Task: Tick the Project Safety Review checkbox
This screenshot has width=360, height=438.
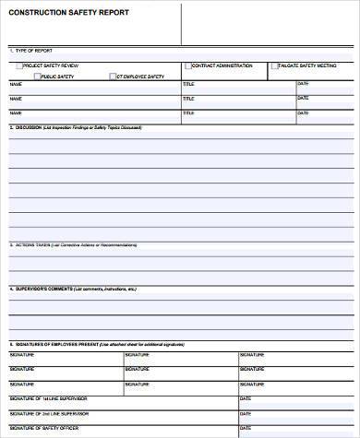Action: [x=19, y=67]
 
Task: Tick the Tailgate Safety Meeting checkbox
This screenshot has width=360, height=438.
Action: [x=274, y=67]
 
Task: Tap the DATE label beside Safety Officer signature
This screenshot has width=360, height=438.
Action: [x=245, y=429]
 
